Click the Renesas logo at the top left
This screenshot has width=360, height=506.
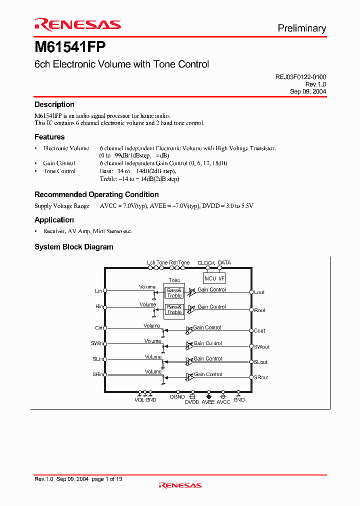click(x=77, y=24)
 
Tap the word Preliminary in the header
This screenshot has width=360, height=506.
click(x=301, y=28)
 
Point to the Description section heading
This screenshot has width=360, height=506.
click(x=54, y=104)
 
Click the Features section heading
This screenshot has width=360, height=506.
click(x=49, y=137)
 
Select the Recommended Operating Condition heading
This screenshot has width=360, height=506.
click(x=96, y=194)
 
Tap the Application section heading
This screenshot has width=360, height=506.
click(x=54, y=220)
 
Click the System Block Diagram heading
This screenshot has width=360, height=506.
click(x=73, y=247)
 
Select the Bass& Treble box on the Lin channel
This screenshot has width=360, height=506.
click(x=174, y=293)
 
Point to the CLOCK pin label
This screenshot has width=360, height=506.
click(x=206, y=263)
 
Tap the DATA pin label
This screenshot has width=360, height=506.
click(x=224, y=263)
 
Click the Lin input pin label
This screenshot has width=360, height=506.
click(x=98, y=290)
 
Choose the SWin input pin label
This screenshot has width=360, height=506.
click(x=96, y=343)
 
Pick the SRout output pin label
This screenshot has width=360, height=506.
click(x=261, y=377)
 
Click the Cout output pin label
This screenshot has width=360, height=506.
click(x=259, y=330)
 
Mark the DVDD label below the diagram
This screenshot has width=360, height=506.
click(x=192, y=402)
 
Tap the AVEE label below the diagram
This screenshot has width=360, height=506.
click(x=207, y=402)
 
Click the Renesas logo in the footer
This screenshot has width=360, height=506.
click(x=180, y=485)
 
